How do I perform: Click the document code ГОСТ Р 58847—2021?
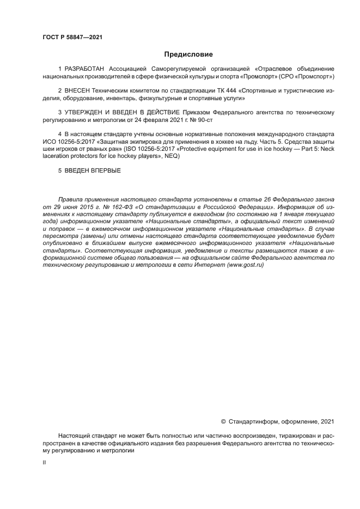72,37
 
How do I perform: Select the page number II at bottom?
45,462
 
